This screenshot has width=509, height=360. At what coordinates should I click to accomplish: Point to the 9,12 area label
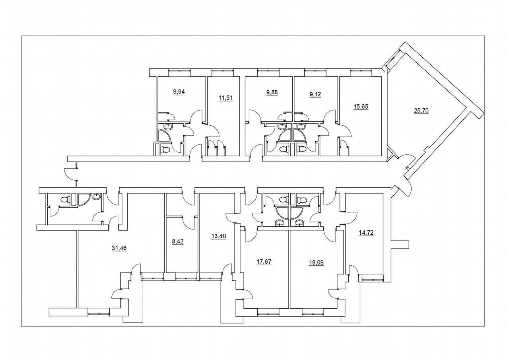click(317, 95)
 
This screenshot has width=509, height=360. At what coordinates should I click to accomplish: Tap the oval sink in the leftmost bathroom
click(96, 196)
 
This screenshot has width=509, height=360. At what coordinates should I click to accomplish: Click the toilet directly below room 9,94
click(165, 150)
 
